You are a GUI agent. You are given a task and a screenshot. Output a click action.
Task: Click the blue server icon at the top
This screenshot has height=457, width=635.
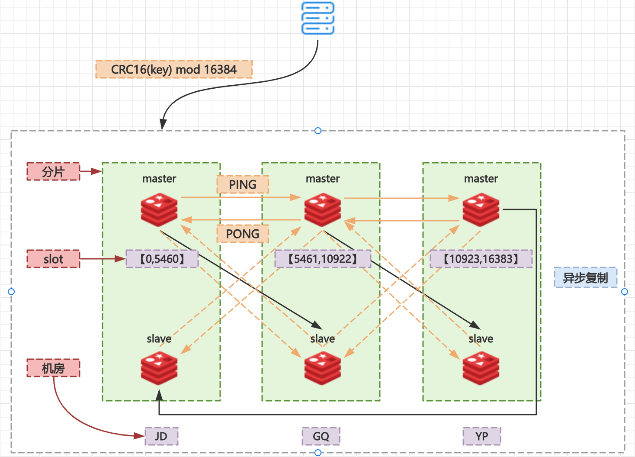tap(318, 18)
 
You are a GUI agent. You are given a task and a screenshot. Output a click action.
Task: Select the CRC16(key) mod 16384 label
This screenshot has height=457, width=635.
tap(173, 69)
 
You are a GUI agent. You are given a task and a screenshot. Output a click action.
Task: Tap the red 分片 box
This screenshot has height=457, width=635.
tap(53, 171)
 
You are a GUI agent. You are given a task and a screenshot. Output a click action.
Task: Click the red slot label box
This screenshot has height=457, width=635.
tap(53, 259)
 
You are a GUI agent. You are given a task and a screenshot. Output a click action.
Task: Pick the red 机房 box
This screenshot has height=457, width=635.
tap(53, 368)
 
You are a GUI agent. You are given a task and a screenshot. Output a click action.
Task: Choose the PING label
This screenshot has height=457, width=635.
tap(243, 184)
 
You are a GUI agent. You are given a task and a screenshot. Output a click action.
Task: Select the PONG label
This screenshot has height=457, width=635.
tap(243, 234)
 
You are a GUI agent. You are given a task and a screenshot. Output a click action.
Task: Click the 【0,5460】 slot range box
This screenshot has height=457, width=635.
tap(162, 259)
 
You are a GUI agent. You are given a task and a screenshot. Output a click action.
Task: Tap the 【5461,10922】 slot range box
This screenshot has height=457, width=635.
tap(323, 259)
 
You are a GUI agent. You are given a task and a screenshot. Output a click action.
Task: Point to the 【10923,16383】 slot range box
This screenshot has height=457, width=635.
tap(481, 259)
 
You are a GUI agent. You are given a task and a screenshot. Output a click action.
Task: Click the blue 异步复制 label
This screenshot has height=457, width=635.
tap(585, 277)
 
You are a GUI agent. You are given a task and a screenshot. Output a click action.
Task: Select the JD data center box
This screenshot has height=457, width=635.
tap(161, 436)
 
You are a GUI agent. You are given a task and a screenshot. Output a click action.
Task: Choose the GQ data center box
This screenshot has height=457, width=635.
tap(321, 436)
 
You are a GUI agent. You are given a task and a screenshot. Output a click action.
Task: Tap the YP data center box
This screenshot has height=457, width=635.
tap(481, 436)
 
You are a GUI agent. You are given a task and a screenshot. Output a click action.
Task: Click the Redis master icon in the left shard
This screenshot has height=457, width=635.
tap(159, 210)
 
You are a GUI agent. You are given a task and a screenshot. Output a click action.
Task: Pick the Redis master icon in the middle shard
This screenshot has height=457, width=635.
tap(323, 210)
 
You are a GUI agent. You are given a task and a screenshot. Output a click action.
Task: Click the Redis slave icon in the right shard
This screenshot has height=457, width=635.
tap(481, 368)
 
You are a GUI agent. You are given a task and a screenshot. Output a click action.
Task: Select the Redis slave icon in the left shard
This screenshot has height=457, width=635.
tap(159, 368)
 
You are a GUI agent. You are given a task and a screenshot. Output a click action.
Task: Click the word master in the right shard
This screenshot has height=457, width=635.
tap(481, 179)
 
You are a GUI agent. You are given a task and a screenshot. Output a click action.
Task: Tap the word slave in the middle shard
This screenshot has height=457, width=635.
tap(323, 339)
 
